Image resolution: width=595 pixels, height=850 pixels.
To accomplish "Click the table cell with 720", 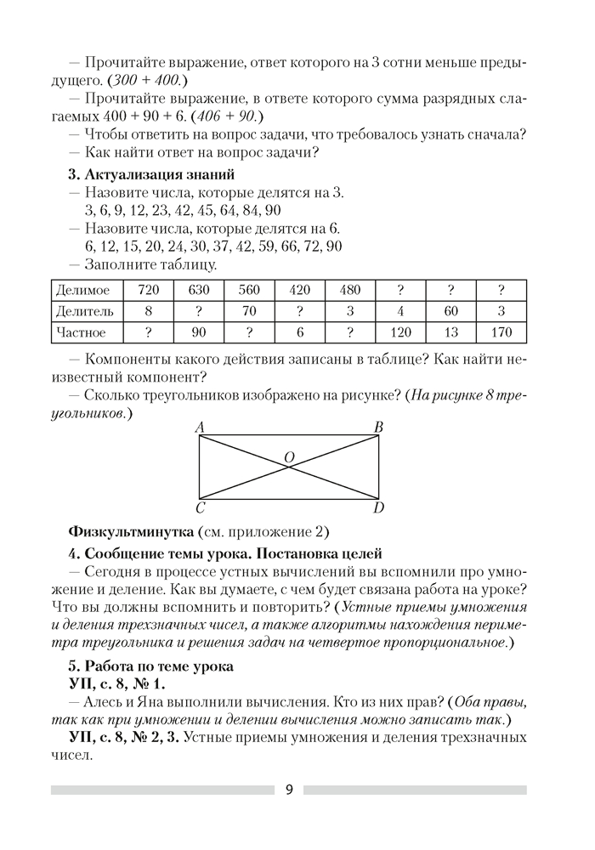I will [x=149, y=290].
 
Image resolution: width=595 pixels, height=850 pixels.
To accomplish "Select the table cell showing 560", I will [x=248, y=290].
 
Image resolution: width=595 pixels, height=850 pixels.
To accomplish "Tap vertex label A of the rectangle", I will [x=198, y=427].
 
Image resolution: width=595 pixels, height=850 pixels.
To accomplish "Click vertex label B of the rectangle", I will [x=378, y=427].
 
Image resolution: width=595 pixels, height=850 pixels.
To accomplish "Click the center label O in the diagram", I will [x=289, y=458].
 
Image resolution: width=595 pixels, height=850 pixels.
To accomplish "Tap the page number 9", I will [x=289, y=790].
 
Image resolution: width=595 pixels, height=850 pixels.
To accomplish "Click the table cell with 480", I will [x=349, y=290].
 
